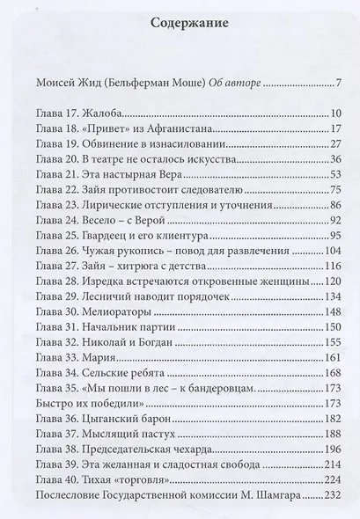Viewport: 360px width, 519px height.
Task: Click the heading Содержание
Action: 179,25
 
